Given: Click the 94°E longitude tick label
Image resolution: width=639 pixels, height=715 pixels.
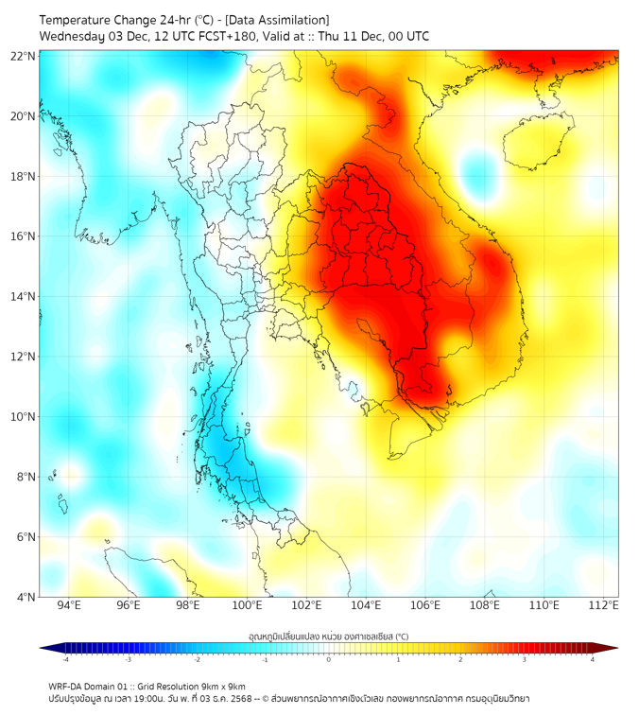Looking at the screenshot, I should pyautogui.click(x=69, y=606).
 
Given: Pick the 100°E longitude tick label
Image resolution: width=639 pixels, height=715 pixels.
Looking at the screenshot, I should pyautogui.click(x=247, y=606).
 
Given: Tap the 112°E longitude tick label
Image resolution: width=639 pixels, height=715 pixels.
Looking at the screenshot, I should pyautogui.click(x=604, y=606).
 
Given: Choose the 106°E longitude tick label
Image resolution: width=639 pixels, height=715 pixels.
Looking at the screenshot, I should pyautogui.click(x=425, y=606).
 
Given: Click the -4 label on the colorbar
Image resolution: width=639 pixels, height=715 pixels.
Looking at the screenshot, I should pyautogui.click(x=64, y=659).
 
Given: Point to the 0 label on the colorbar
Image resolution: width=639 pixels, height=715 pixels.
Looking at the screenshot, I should pyautogui.click(x=329, y=659).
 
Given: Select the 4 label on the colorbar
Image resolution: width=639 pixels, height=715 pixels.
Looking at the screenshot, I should pyautogui.click(x=593, y=659).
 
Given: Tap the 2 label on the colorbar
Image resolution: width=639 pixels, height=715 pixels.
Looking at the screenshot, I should pyautogui.click(x=460, y=659).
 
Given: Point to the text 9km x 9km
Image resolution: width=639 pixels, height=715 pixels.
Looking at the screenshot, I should pyautogui.click(x=222, y=686).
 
